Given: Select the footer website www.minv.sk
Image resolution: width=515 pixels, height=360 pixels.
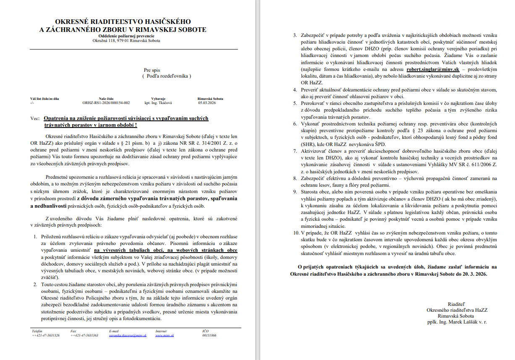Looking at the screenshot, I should pos(165,336).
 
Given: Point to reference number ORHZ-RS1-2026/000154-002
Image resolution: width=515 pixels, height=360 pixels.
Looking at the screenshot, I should pos(106,103).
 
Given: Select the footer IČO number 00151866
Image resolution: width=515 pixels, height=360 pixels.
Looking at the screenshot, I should pos(209,336).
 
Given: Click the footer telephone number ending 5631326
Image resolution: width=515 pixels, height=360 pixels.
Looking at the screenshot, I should pos(45,336).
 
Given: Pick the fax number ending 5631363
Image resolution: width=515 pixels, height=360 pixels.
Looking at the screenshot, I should pos(84,336).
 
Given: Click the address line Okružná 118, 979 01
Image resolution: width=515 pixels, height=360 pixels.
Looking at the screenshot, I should pos(126,41).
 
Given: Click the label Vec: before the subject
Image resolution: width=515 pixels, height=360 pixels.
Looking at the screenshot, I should pos(35,119).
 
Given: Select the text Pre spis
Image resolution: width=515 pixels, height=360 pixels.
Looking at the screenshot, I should pos(152,70).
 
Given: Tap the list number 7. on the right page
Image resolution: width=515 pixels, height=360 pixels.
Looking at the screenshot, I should pos(295,151).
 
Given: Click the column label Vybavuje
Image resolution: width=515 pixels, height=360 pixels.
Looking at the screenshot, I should pos(159,99).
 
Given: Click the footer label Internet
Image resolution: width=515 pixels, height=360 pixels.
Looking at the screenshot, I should pos(161,331).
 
